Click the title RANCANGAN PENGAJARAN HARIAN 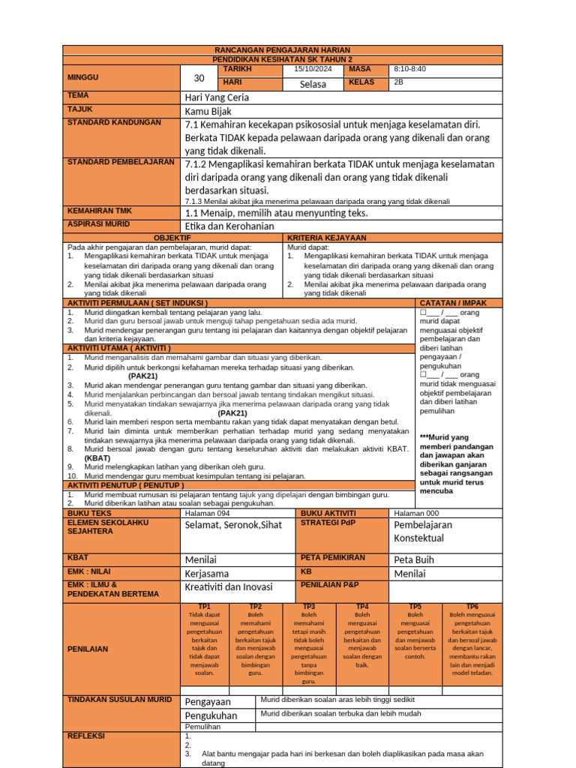(x=283, y=49)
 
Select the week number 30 (x=199, y=78)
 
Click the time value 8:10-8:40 (x=409, y=69)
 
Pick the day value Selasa (x=313, y=84)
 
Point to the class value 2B (x=398, y=82)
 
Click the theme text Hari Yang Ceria (x=217, y=97)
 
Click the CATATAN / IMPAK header (x=458, y=302)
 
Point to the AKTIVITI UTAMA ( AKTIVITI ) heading (x=119, y=348)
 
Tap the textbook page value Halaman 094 (x=207, y=513)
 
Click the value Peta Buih (x=415, y=559)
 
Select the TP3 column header (x=309, y=606)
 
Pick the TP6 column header (x=472, y=606)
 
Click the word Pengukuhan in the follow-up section (x=211, y=715)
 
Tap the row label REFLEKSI (x=86, y=736)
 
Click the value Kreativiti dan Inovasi (x=229, y=587)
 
